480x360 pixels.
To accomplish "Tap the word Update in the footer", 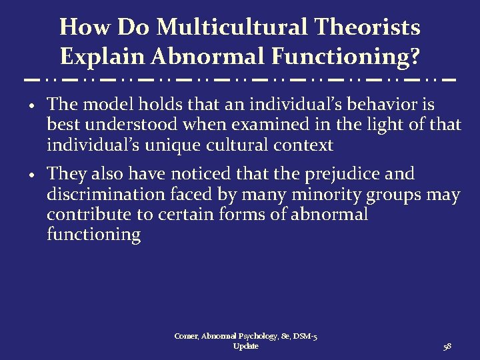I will pyautogui.click(x=246, y=347).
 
